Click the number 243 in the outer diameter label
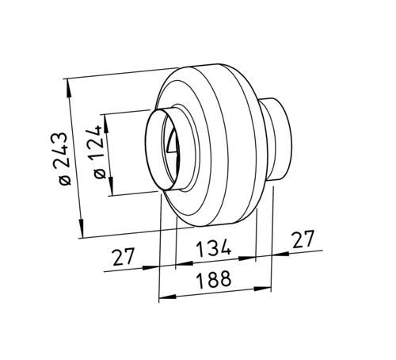coord(61,150)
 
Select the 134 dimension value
coord(214,248)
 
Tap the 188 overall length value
coord(215,280)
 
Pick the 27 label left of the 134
coord(124,257)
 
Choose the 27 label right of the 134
coord(303,239)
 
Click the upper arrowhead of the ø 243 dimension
coord(69,89)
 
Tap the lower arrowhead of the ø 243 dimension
coord(81,228)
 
